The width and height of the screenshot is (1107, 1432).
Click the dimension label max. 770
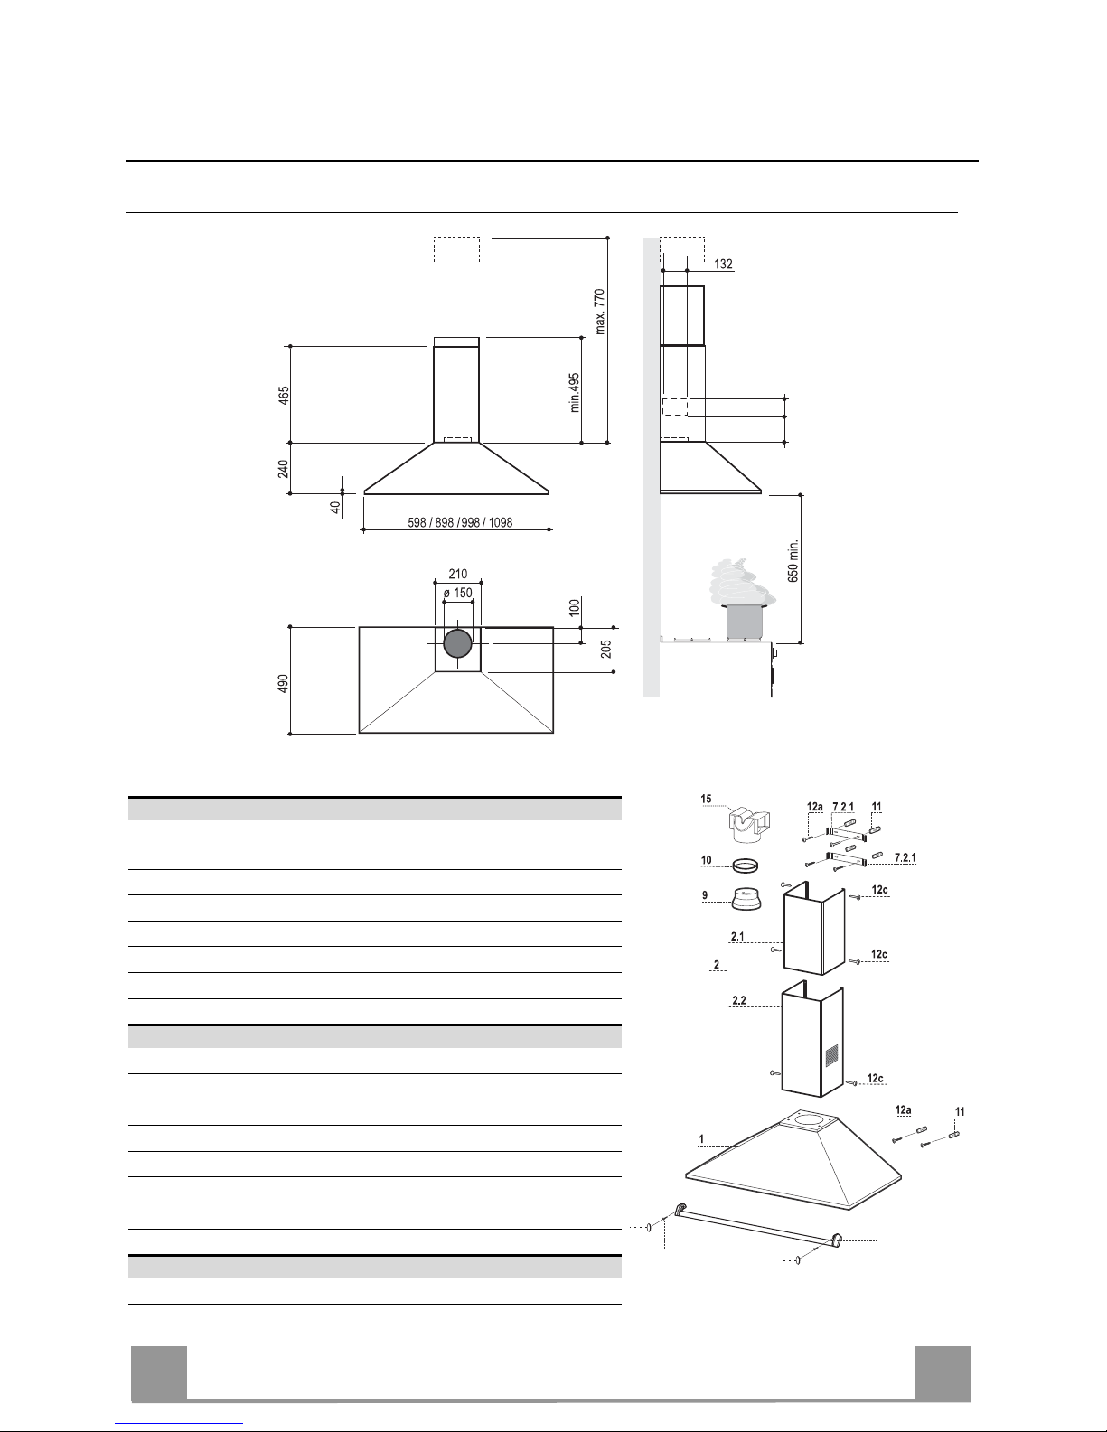[x=600, y=312]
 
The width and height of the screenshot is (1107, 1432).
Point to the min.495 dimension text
[x=575, y=393]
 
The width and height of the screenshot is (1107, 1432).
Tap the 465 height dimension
[x=284, y=396]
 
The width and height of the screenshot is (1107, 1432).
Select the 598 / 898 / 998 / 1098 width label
[x=460, y=522]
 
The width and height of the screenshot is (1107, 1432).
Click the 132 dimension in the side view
[x=723, y=264]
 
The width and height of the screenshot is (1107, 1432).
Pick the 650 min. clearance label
[x=793, y=561]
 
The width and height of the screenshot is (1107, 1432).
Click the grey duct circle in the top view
[x=457, y=644]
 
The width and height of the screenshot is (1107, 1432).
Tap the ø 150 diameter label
[x=458, y=593]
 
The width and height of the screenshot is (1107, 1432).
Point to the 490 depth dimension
[x=284, y=683]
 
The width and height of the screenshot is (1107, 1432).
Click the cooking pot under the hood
[x=744, y=622]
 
